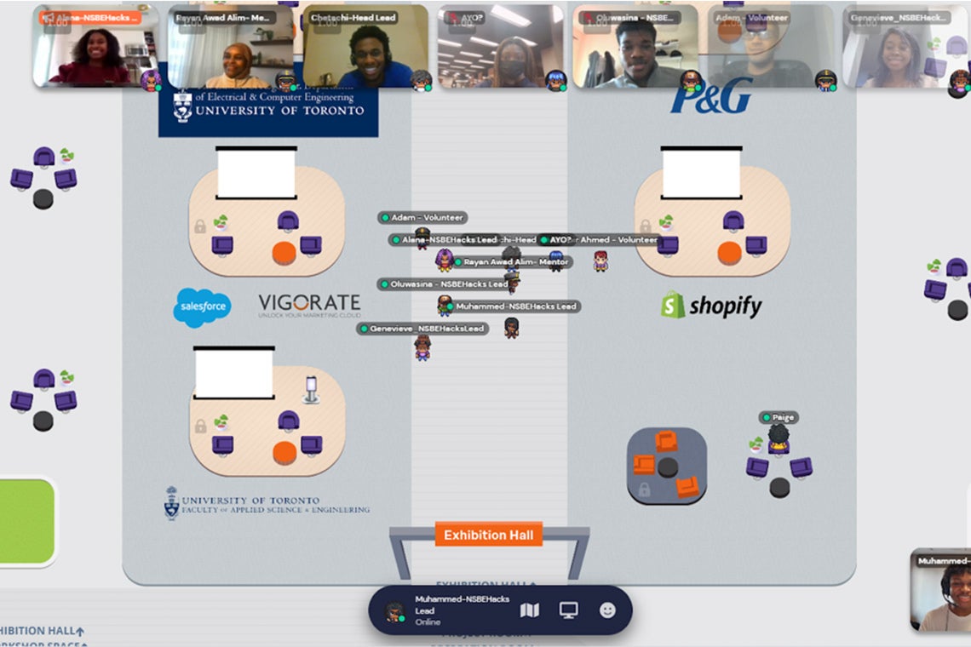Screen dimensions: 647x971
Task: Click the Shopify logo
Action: click(711, 306)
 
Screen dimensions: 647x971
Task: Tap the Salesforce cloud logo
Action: click(202, 307)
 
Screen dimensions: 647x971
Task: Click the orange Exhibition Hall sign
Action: click(488, 535)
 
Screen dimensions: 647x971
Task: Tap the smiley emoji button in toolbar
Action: click(607, 610)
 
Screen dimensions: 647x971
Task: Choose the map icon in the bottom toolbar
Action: click(530, 610)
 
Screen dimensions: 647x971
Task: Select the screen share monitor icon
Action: click(568, 610)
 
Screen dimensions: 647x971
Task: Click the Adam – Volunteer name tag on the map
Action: click(422, 218)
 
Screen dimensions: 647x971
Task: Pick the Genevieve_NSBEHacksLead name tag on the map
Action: click(423, 329)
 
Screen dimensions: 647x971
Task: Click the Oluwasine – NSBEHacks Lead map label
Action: click(444, 283)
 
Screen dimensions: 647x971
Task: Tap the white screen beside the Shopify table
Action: click(701, 174)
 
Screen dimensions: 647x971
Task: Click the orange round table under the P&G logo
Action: click(729, 253)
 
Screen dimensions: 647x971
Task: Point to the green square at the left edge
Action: click(26, 521)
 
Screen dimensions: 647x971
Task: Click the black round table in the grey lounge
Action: click(667, 467)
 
